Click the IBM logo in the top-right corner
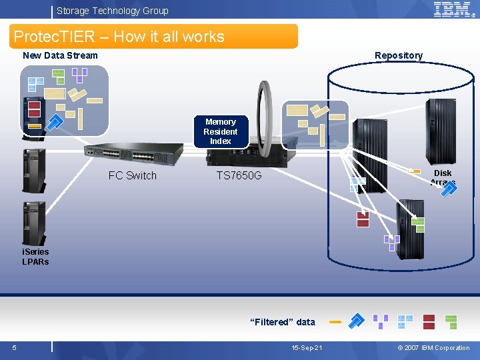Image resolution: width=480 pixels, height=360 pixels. click(455, 9)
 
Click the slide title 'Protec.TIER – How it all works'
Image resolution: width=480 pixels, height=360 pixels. click(119, 37)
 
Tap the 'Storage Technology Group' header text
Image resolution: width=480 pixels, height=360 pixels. click(112, 11)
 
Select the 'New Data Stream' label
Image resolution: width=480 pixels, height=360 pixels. click(60, 55)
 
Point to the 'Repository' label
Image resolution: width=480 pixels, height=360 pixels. click(398, 55)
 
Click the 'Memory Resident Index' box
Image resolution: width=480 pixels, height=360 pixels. click(220, 131)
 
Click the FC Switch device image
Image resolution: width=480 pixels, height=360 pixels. click(137, 155)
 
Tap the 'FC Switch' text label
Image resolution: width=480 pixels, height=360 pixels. click(132, 176)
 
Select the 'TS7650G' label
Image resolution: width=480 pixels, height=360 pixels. click(239, 176)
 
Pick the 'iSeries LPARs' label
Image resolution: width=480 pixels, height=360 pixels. click(35, 257)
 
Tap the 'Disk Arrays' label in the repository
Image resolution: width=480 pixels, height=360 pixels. click(443, 177)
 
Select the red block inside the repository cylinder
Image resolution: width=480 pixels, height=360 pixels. click(363, 219)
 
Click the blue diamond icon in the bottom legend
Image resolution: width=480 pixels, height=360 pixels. click(357, 321)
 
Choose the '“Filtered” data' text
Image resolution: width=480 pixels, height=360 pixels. click(282, 322)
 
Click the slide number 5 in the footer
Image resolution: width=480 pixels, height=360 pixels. click(14, 347)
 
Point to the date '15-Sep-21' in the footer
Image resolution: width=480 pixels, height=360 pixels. click(307, 348)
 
